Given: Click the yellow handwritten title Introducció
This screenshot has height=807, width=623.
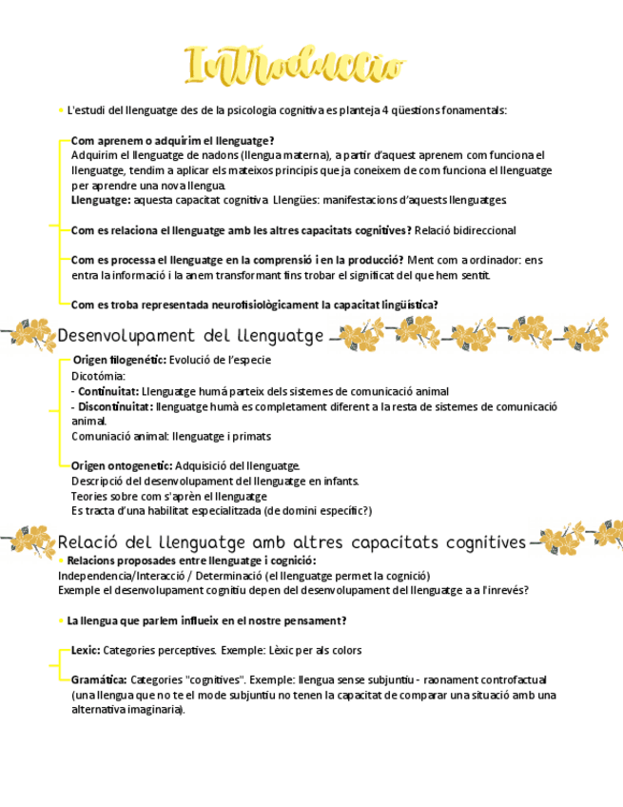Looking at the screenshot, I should (294, 66).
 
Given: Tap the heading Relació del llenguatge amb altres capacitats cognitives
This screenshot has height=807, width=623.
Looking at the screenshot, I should (292, 541).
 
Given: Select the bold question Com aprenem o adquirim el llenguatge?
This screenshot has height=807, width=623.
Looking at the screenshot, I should (172, 140).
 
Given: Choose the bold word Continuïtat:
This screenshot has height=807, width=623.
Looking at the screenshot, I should (108, 391).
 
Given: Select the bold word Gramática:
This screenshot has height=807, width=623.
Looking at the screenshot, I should (99, 679).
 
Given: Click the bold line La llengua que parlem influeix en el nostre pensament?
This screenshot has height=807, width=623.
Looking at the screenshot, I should (206, 620).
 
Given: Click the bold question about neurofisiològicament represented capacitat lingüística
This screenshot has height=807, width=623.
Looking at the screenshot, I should (254, 305).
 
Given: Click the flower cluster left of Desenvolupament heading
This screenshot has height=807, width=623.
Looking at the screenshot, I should (31, 334).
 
